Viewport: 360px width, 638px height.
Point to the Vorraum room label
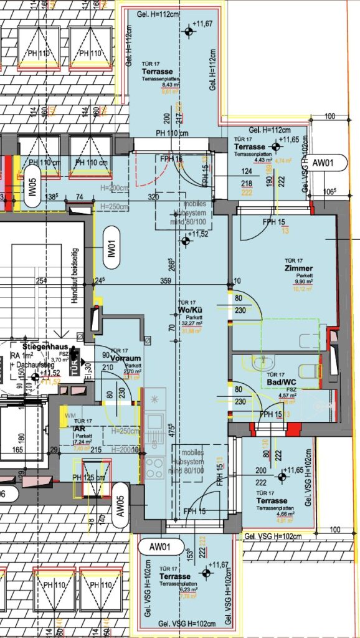point(125,358)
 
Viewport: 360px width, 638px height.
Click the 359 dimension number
point(166,281)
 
